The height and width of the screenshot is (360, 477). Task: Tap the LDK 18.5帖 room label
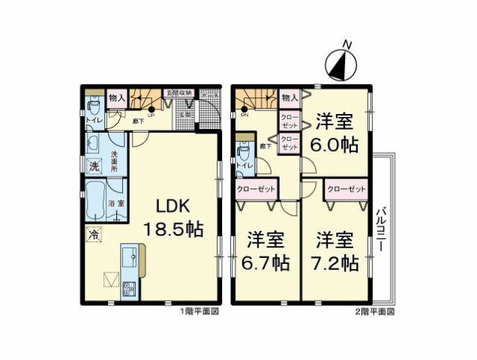pyautogui.click(x=178, y=218)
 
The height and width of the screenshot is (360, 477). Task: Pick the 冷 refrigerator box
pyautogui.click(x=94, y=234)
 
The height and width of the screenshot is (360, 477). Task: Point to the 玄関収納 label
pyautogui.click(x=179, y=92)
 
